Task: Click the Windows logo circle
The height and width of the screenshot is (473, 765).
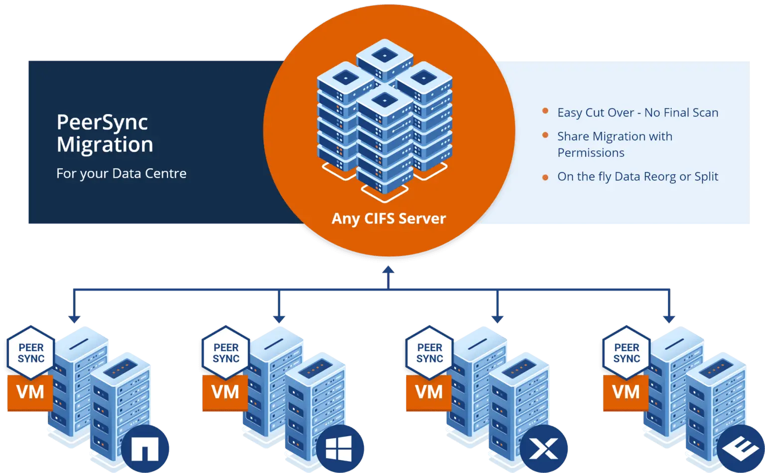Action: coord(340,449)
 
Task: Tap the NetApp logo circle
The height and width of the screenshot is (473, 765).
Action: coord(145,449)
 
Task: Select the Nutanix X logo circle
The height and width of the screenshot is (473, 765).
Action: coord(544,449)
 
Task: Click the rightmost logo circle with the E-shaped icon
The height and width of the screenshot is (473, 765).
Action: coord(741,449)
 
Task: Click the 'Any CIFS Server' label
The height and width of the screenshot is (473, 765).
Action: coord(388,219)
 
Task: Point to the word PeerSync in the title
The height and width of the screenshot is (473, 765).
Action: coord(102,122)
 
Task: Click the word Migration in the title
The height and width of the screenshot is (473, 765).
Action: coord(105,145)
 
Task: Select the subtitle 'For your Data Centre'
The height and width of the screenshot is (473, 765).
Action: coord(121,173)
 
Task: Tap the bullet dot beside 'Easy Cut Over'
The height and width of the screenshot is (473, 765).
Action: coord(545,111)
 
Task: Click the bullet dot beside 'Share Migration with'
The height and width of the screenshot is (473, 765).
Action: coord(545,135)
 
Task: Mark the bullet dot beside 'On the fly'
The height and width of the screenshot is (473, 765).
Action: coord(545,177)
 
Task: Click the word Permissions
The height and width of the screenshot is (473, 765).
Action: coord(591,153)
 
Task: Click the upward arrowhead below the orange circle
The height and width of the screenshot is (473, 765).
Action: coord(388,270)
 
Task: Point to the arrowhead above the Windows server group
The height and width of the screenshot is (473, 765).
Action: coord(279,319)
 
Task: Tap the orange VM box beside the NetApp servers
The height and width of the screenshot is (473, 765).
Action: coord(30,392)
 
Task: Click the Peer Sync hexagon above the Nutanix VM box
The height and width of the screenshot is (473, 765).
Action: coord(430,353)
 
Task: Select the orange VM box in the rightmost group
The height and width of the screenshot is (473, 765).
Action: coord(626,392)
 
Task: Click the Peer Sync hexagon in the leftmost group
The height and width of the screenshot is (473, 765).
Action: coord(31,353)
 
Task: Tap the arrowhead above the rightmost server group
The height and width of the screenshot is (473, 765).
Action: coord(669,319)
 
